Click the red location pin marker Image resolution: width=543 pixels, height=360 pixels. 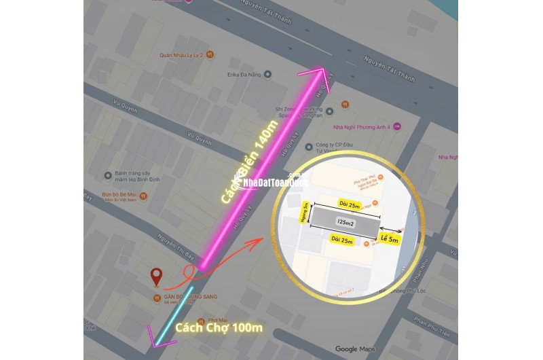pyautogui.click(x=157, y=277)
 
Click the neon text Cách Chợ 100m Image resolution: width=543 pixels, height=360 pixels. pyautogui.click(x=219, y=329)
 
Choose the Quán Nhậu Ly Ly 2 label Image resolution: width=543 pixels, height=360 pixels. pyautogui.click(x=183, y=56)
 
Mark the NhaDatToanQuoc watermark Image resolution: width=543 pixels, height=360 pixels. pyautogui.click(x=271, y=183)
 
